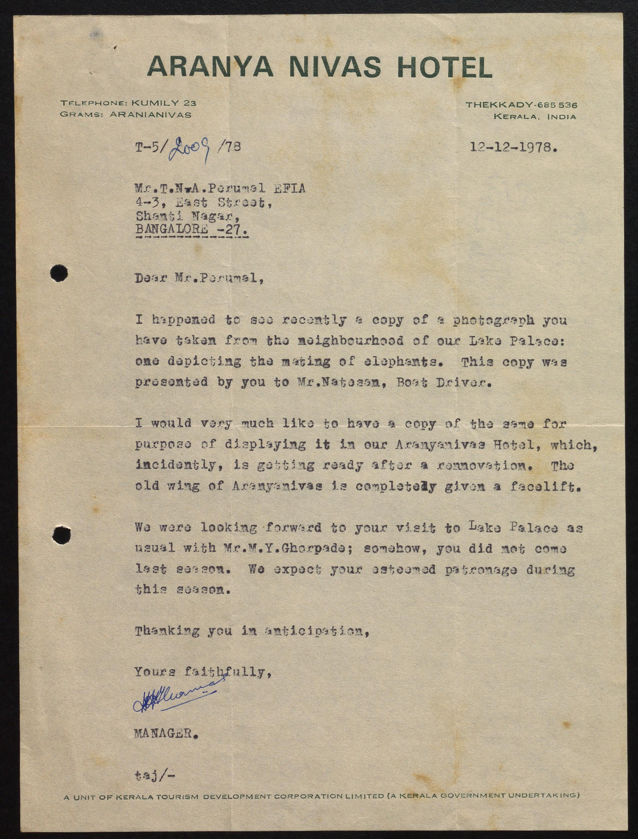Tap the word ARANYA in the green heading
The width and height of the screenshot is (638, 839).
(x=210, y=67)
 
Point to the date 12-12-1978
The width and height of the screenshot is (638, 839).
(x=513, y=147)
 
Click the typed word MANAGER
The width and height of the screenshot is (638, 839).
(x=166, y=733)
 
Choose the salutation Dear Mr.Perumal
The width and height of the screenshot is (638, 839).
(x=199, y=278)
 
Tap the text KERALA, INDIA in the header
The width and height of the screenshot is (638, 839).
(x=534, y=116)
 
